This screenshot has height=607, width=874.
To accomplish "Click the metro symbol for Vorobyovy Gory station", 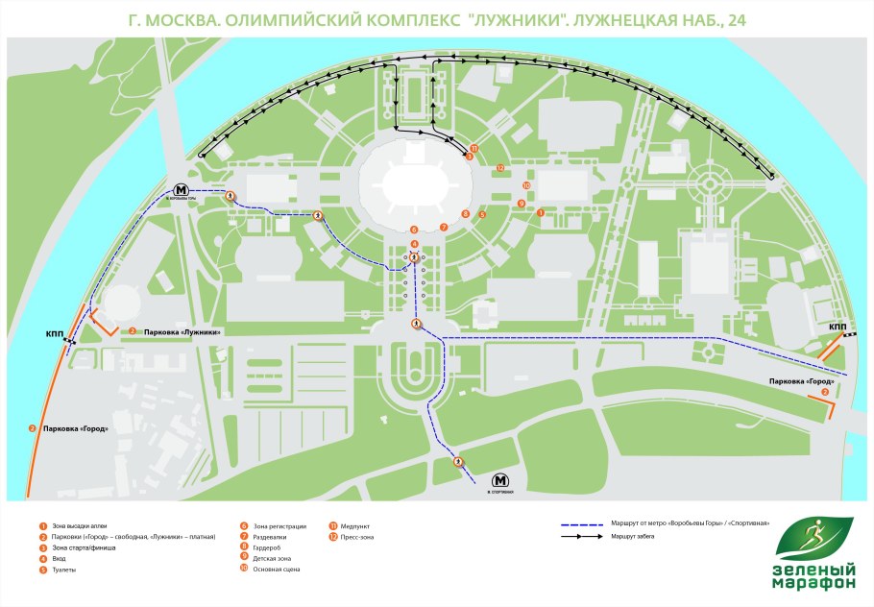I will [x=182, y=189].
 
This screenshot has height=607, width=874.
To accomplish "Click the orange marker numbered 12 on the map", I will [x=500, y=168].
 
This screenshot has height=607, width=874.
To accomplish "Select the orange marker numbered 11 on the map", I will [x=473, y=149].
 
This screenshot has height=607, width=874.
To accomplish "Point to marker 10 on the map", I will [x=526, y=185].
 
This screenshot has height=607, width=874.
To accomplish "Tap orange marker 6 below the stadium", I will [x=413, y=230].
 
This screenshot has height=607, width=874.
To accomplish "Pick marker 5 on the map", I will [x=482, y=216].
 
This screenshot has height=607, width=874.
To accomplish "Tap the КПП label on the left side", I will [x=55, y=334].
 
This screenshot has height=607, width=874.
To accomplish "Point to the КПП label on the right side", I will [x=838, y=328].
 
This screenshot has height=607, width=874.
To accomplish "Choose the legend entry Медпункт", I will [x=355, y=526].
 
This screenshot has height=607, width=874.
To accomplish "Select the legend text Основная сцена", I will [x=279, y=570].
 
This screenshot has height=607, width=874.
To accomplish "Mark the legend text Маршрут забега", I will [x=633, y=536].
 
